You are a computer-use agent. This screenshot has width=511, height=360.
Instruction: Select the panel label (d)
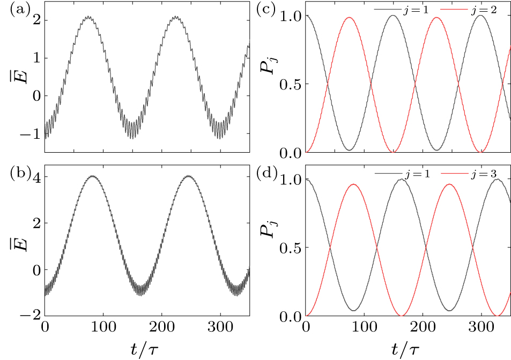click(273, 175)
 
